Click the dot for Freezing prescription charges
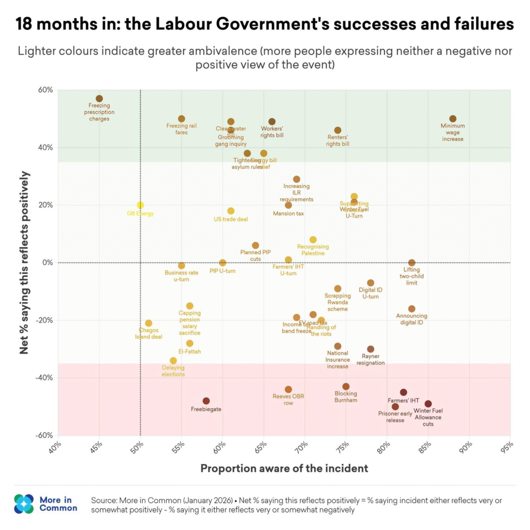pyautogui.click(x=99, y=98)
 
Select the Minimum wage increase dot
pyautogui.click(x=453, y=119)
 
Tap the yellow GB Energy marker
pyautogui.click(x=140, y=205)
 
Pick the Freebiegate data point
pyautogui.click(x=206, y=401)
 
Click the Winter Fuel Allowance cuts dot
pyautogui.click(x=428, y=404)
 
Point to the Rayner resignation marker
pyautogui.click(x=371, y=349)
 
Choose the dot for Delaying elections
pyautogui.click(x=173, y=361)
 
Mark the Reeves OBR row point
pyautogui.click(x=288, y=389)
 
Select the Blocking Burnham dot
pyautogui.click(x=346, y=387)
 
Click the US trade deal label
pyautogui.click(x=231, y=219)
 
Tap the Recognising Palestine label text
pyautogui.click(x=313, y=250)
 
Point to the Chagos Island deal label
pyautogui.click(x=149, y=333)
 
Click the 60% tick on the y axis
pyautogui.click(x=46, y=90)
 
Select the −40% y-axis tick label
pyautogui.click(x=45, y=378)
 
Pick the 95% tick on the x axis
pyautogui.click(x=507, y=447)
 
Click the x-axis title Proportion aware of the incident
pyautogui.click(x=284, y=468)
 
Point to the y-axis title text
pyautogui.click(x=24, y=262)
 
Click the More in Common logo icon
pyautogui.click(x=24, y=503)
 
